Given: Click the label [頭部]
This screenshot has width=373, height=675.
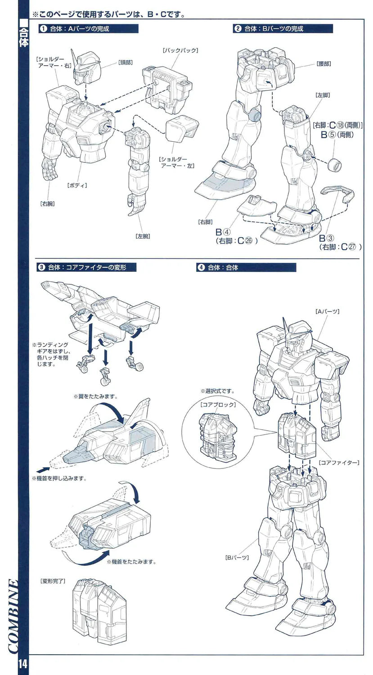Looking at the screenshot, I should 125,63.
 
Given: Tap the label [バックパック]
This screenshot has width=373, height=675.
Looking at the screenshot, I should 180,50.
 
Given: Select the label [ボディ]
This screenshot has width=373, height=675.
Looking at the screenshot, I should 77,184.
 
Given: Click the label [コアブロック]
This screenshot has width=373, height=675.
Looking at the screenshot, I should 218,405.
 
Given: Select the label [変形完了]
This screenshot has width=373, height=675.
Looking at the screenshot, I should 53,581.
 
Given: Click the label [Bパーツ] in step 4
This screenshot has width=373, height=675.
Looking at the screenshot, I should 237,558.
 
